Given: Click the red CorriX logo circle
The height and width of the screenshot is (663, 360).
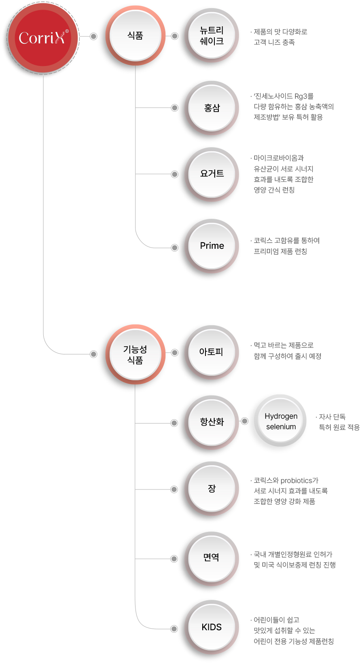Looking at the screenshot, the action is coord(43,38).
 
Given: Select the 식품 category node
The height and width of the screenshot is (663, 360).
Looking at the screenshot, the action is coord(135,36).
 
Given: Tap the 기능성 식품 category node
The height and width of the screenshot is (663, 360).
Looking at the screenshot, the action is coord(135,354).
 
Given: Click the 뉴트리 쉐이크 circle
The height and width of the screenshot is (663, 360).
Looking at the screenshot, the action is coord(212,36).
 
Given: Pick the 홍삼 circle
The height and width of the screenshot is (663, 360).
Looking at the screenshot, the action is coord(212,108).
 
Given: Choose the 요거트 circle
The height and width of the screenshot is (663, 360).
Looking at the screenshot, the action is coord(212,174).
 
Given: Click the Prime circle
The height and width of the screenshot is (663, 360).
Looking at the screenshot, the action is coord(212,246).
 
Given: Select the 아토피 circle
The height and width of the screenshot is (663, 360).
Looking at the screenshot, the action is coord(212,352).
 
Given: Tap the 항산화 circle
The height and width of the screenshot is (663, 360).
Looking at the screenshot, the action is coord(212,423).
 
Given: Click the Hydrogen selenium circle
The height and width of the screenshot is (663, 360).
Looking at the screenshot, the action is coord(281,421).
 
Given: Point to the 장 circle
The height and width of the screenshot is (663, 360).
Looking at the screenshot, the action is coord(212,489).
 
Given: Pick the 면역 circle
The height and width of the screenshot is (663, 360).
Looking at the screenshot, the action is coord(212,559).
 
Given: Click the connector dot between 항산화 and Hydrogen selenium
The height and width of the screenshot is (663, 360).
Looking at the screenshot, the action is coord(244,421).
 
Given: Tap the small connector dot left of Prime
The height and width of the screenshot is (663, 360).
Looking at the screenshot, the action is coord(174,248).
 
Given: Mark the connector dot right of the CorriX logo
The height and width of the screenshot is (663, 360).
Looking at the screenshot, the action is coord(93,36).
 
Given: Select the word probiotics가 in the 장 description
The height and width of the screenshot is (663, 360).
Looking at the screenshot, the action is coord(299,481).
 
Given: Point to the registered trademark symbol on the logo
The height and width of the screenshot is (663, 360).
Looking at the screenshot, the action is coord(67,31).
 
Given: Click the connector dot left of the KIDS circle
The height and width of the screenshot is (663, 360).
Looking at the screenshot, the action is coord(174,629).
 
